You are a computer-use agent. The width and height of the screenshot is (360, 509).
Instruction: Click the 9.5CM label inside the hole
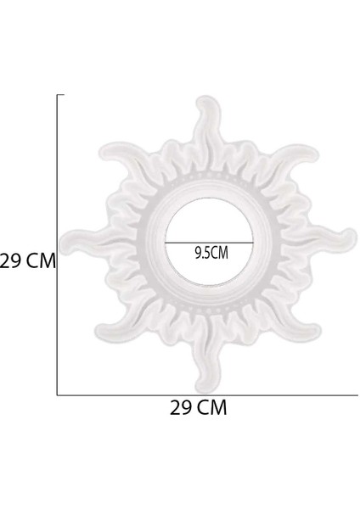coord(211,252)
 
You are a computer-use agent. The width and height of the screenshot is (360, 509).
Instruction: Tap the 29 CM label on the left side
coord(27,261)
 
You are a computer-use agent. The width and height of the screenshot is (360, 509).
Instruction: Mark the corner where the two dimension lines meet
coord(57,395)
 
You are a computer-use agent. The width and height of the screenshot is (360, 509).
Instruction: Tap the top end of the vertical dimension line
coord(57,95)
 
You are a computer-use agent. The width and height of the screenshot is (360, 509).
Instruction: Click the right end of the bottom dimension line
coord(357,395)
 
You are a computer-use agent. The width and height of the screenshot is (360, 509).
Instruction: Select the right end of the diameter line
coord(252,243)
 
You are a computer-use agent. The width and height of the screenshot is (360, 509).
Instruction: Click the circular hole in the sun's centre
coord(208,229)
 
